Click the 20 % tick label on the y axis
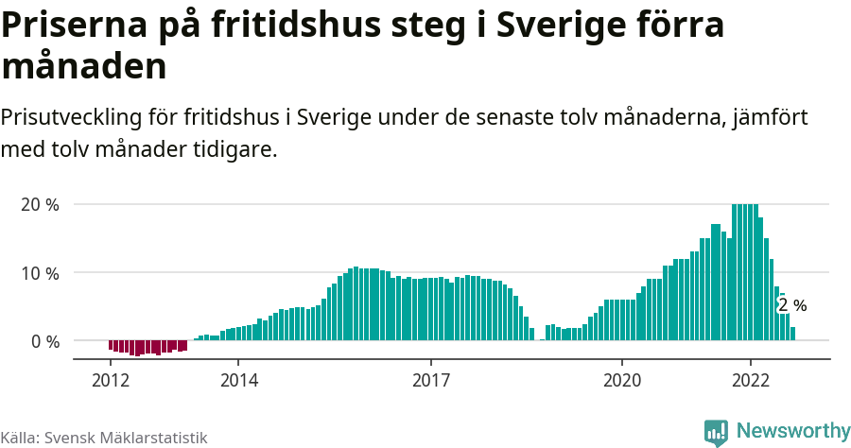tap(39, 205)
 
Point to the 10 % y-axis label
tap(39, 273)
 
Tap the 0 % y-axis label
tap(43, 341)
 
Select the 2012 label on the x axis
tap(110, 380)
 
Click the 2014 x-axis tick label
tap(238, 380)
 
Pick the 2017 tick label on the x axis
tap(431, 380)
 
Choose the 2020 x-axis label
tap(623, 380)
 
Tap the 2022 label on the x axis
tap(751, 380)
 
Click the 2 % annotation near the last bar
tap(792, 305)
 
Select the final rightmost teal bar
tap(792, 334)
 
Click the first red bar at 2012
tap(111, 346)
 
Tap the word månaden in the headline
tap(84, 67)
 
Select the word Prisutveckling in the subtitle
tap(72, 119)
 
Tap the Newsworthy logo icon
tap(717, 432)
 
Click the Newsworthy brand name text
tap(792, 431)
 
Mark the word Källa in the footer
tap(19, 438)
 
